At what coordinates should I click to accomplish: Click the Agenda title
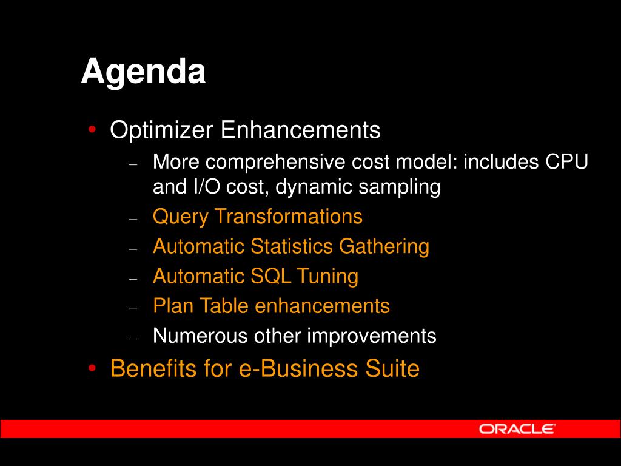tap(143, 72)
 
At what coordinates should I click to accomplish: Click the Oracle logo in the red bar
tap(517, 429)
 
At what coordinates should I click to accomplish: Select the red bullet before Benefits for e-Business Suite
tap(92, 368)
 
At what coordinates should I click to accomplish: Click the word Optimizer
tap(161, 130)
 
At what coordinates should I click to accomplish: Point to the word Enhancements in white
tap(300, 130)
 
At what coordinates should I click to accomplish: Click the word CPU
tap(567, 161)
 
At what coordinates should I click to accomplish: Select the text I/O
tap(206, 186)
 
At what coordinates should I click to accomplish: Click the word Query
tap(181, 217)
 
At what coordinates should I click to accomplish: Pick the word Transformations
tap(288, 217)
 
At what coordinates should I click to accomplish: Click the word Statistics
tap(292, 246)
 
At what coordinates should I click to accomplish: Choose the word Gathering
tap(384, 247)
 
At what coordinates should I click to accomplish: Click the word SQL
tap(271, 276)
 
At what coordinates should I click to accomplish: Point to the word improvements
tap(372, 336)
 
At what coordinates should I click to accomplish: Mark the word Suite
tap(392, 368)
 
